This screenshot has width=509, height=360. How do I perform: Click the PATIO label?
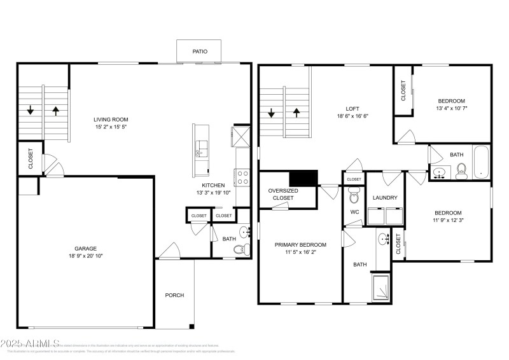tap(199, 51)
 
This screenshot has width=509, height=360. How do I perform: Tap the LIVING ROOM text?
tap(111, 119)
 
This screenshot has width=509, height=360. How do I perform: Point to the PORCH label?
tap(174, 295)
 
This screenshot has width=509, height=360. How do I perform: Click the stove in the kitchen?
tap(242, 177)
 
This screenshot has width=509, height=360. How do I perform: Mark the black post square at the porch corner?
tap(192, 327)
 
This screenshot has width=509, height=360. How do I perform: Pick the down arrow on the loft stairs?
tap(272, 114)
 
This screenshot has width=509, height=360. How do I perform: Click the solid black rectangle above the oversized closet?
tap(303, 178)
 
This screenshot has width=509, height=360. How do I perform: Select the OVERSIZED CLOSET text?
tap(283, 194)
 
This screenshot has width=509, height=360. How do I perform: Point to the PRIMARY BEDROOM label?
tap(300, 245)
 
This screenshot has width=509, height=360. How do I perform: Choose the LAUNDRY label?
tap(385, 198)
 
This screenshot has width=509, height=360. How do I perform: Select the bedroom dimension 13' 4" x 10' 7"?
tap(451, 109)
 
